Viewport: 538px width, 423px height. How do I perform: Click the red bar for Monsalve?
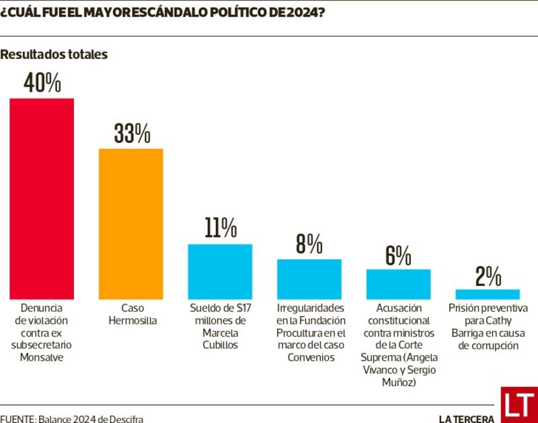[x=41, y=199]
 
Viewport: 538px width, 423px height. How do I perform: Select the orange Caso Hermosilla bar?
[x=131, y=224]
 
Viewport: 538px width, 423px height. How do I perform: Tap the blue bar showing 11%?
[x=220, y=271]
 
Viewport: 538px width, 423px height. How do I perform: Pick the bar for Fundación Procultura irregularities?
[x=309, y=279]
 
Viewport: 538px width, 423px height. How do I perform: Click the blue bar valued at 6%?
[x=398, y=284]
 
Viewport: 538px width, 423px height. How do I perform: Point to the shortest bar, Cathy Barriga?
[x=488, y=294]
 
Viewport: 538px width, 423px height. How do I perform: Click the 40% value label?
[x=42, y=83]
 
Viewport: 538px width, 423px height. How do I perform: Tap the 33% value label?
[x=131, y=134]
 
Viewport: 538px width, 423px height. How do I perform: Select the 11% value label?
[x=221, y=228]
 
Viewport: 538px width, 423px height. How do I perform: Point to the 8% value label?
[x=309, y=244]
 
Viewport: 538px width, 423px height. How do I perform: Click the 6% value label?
[x=398, y=255]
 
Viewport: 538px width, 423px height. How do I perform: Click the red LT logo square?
[x=519, y=405]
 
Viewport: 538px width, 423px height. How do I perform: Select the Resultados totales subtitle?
[x=54, y=55]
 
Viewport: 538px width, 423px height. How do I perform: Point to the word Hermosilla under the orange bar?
[x=131, y=321]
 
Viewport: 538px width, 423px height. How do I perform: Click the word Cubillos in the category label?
[x=220, y=345]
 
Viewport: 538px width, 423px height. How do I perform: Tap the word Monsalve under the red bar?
[x=41, y=357]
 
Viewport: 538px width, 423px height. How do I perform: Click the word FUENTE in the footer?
[x=16, y=418]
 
